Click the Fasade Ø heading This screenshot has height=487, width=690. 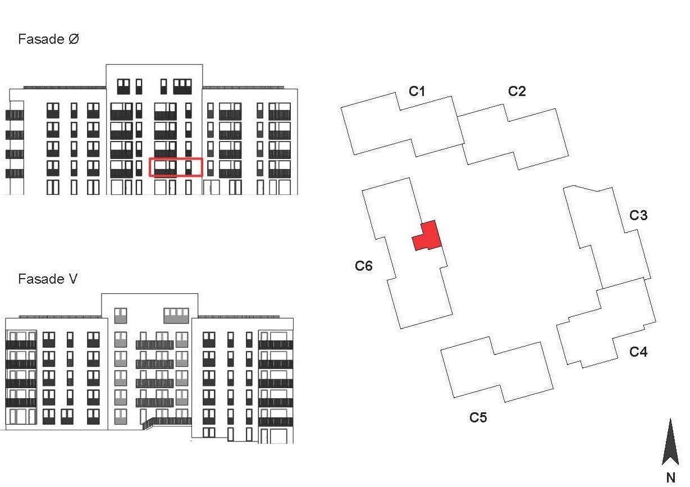(48, 39)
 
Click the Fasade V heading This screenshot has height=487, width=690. (48, 279)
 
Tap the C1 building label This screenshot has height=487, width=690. (417, 91)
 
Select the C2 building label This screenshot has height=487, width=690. (517, 91)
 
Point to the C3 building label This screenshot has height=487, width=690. (638, 216)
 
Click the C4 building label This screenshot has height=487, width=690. (638, 352)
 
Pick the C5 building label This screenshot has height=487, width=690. (478, 417)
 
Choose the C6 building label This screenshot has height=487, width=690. (363, 266)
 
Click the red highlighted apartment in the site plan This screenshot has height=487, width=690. (428, 238)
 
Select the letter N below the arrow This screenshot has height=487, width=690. (670, 478)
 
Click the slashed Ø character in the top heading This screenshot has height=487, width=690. (74, 39)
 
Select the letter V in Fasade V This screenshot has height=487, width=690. (73, 279)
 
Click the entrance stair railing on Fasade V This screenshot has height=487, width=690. (166, 421)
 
